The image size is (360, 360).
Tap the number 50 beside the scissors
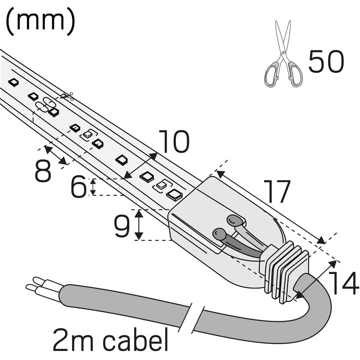click(x=326, y=62)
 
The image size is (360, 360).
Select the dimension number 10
click(x=174, y=142)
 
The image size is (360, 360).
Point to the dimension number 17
click(x=277, y=192)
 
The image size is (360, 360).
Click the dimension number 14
click(x=343, y=284)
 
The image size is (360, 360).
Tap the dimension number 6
click(x=78, y=187)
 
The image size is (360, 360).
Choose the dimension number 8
click(x=43, y=171)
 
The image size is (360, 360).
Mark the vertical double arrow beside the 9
click(x=139, y=225)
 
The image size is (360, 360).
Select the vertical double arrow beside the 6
click(x=93, y=187)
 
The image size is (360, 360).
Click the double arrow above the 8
click(x=56, y=155)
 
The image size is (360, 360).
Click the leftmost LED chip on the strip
click(x=13, y=82)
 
